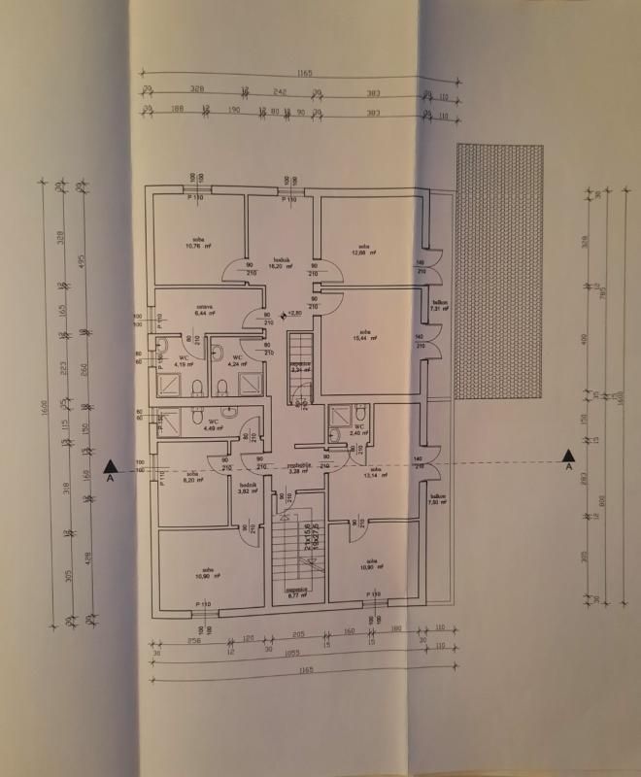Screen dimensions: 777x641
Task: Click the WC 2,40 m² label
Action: coord(358,429)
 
